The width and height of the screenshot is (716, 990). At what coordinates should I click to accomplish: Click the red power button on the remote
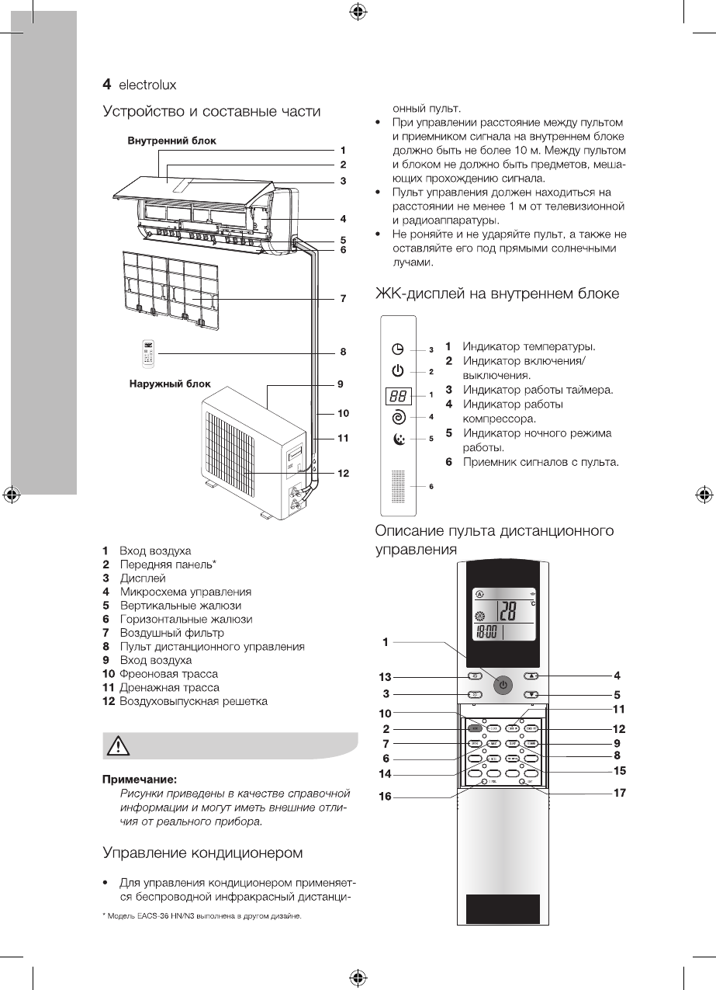point(503,685)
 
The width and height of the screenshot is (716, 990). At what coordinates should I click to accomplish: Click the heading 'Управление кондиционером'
point(202,853)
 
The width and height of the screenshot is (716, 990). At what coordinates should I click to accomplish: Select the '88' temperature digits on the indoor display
point(398,395)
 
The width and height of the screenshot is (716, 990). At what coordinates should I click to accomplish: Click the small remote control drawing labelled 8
point(147,353)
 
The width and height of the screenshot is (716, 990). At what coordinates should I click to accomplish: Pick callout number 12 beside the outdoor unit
point(342,473)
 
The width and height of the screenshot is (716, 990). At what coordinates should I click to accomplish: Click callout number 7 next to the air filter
point(342,298)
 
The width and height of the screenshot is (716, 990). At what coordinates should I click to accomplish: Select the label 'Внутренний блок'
point(172,141)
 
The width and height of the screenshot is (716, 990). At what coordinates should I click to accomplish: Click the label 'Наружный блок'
point(169,384)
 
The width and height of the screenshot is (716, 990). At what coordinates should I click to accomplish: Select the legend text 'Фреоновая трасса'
point(168,673)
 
